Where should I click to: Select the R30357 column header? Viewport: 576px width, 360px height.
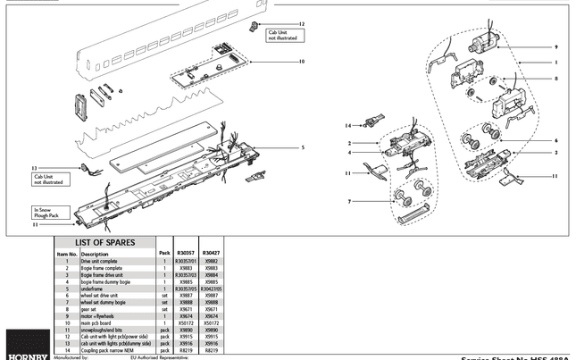pos(186,253)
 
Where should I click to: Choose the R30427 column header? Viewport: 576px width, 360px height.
pos(212,253)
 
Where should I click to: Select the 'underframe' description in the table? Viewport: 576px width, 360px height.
pos(93,289)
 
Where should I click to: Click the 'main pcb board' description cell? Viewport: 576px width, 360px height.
pos(96,322)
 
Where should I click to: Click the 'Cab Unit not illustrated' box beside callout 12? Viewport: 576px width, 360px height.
pos(284,36)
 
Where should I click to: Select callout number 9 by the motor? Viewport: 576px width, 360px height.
pos(555,46)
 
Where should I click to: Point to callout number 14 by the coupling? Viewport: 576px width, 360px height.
pos(349,125)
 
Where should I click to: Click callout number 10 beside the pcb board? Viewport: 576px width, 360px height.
pos(302,62)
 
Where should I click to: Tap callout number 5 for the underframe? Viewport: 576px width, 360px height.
pos(303,147)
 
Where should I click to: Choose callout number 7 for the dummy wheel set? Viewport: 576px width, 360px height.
pos(351,201)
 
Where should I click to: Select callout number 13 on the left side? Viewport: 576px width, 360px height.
pos(34,168)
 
